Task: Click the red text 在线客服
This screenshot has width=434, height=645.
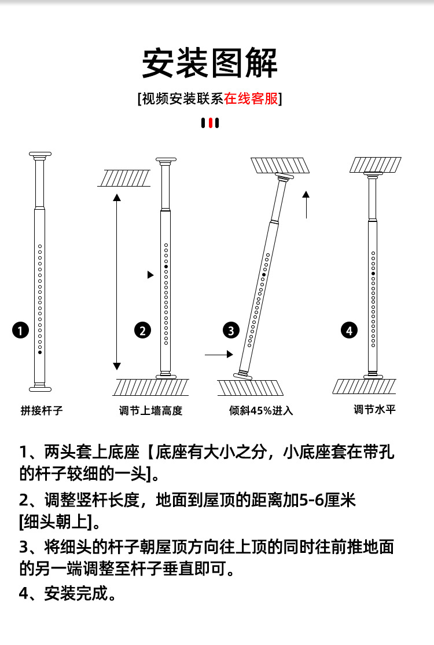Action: pyautogui.click(x=251, y=99)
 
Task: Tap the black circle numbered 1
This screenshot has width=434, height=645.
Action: pyautogui.click(x=21, y=331)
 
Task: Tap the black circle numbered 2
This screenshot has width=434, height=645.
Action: pyautogui.click(x=142, y=331)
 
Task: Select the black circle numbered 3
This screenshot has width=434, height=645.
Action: pyautogui.click(x=231, y=331)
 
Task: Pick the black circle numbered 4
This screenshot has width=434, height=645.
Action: pyautogui.click(x=349, y=331)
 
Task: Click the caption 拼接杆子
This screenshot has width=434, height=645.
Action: pyautogui.click(x=41, y=411)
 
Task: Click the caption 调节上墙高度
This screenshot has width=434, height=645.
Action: pyautogui.click(x=150, y=411)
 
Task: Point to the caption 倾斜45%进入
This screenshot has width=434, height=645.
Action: pyautogui.click(x=261, y=411)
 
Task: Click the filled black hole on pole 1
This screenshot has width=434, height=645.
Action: pyautogui.click(x=40, y=352)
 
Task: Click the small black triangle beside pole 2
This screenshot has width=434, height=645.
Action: pyautogui.click(x=151, y=275)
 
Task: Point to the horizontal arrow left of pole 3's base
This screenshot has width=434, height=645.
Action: pyautogui.click(x=218, y=354)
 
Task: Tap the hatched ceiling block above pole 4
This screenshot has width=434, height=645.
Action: pyautogui.click(x=375, y=165)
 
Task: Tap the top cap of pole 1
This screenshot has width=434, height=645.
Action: pyautogui.click(x=40, y=155)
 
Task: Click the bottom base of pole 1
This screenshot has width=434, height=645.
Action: pyautogui.click(x=40, y=388)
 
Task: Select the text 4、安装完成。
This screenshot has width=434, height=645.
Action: pyautogui.click(x=67, y=594)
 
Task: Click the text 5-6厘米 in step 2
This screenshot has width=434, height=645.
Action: pyautogui.click(x=327, y=500)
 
